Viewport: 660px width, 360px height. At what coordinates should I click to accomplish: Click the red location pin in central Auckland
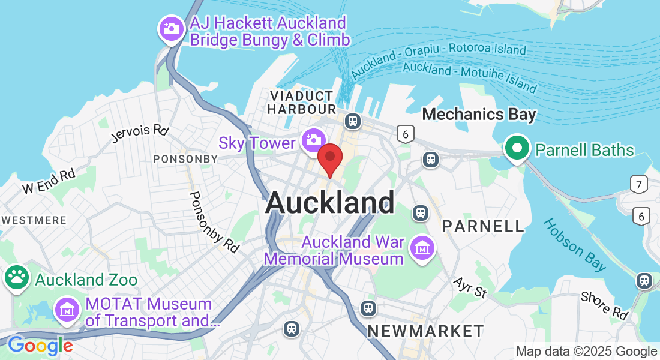[x=329, y=158]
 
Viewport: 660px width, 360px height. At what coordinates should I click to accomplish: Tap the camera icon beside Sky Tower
[x=313, y=140]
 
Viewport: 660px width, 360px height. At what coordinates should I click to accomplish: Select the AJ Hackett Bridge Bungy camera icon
[x=171, y=28]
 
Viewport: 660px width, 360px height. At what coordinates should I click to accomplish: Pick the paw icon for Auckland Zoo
[x=17, y=278]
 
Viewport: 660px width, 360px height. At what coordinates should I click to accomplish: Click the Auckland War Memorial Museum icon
[x=422, y=247]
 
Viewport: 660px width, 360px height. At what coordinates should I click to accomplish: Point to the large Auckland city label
[x=330, y=202]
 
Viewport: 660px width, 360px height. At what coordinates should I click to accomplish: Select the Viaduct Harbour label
[x=301, y=103]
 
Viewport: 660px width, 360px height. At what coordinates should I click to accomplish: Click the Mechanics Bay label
[x=479, y=113]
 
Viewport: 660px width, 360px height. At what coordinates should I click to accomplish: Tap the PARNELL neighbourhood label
[x=483, y=226]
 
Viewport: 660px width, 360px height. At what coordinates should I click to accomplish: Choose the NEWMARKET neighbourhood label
[x=425, y=331]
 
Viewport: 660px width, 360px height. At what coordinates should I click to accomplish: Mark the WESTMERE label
[x=34, y=220]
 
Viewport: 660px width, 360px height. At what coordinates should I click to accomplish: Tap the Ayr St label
[x=469, y=287]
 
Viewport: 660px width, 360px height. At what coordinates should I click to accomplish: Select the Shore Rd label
[x=604, y=305]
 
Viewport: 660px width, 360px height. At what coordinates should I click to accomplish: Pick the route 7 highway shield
[x=638, y=185]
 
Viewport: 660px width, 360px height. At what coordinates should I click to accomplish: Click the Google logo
[x=40, y=346]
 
